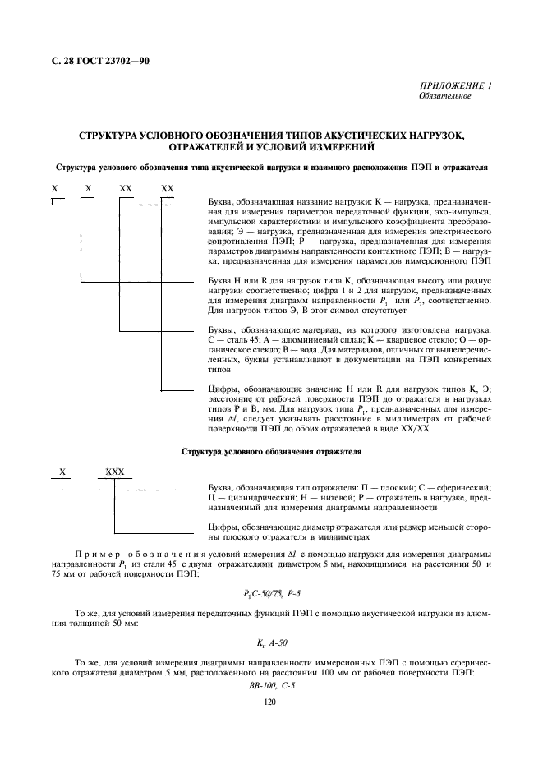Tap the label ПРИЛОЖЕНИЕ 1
click(456, 86)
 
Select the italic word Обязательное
click(444, 96)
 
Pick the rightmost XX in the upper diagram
click(168, 189)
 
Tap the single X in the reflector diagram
click(62, 472)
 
